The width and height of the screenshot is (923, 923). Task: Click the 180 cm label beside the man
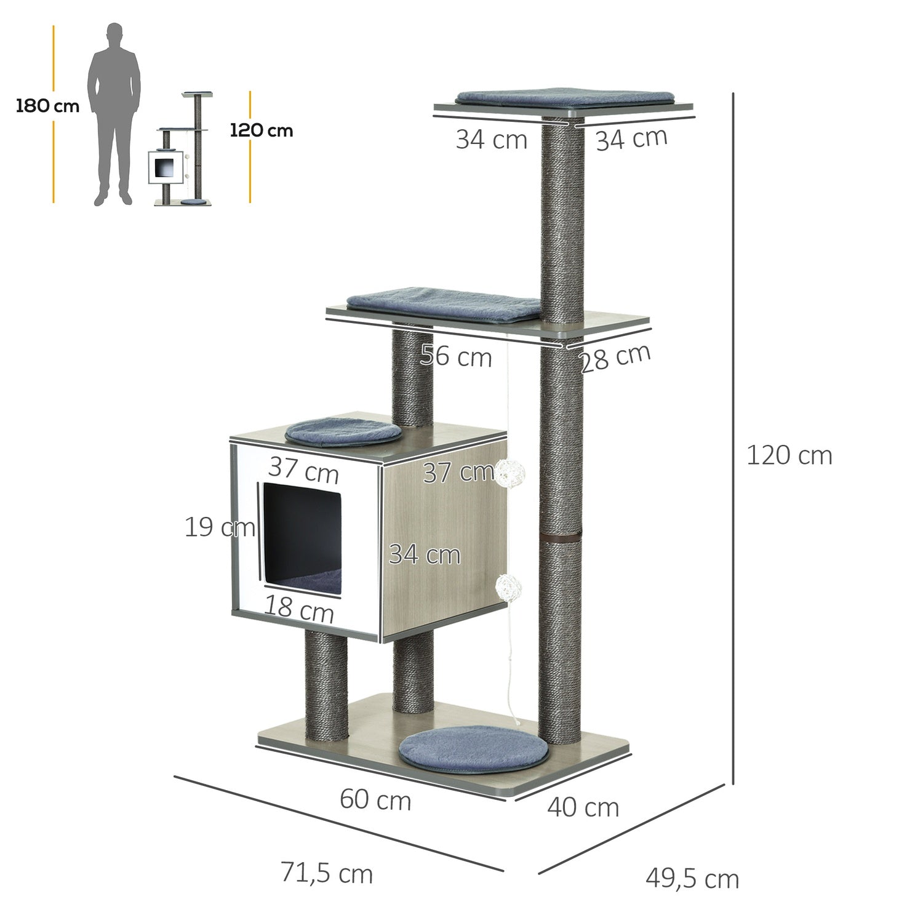pyautogui.click(x=47, y=106)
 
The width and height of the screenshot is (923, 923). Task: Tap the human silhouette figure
pyautogui.click(x=114, y=114)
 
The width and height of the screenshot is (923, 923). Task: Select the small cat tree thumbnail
pyautogui.click(x=182, y=149)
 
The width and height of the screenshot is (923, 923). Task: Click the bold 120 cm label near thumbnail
pyautogui.click(x=262, y=130)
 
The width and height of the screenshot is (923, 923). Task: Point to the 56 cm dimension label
pyautogui.click(x=456, y=356)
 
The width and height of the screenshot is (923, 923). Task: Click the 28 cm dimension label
pyautogui.click(x=615, y=358)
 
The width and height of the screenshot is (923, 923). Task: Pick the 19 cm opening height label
pyautogui.click(x=220, y=527)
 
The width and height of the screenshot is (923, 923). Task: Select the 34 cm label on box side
pyautogui.click(x=425, y=554)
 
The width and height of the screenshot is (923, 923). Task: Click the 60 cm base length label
pyautogui.click(x=375, y=800)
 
